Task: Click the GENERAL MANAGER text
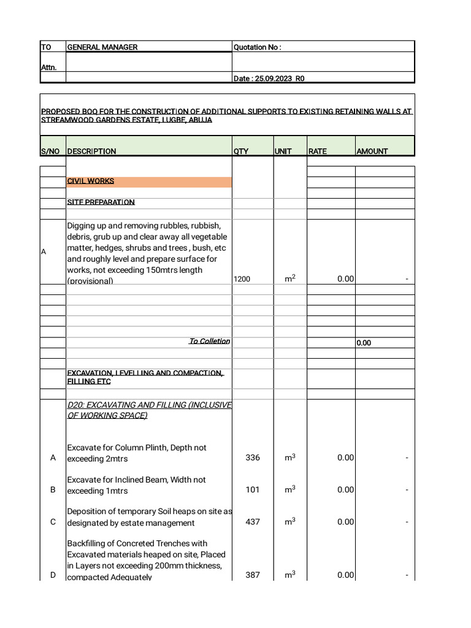pyautogui.click(x=102, y=47)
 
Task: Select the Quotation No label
pyautogui.click(x=257, y=47)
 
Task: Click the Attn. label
pyautogui.click(x=48, y=67)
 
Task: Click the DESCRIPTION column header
pyautogui.click(x=91, y=151)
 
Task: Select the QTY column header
pyautogui.click(x=241, y=151)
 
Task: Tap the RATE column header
pyautogui.click(x=317, y=151)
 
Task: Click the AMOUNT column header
pyautogui.click(x=372, y=151)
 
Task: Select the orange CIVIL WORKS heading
pyautogui.click(x=91, y=182)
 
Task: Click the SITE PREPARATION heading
pyautogui.click(x=101, y=202)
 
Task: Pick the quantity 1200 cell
pyautogui.click(x=242, y=279)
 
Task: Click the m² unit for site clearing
pyautogui.click(x=290, y=278)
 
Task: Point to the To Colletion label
pyautogui.click(x=209, y=342)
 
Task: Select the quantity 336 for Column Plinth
pyautogui.click(x=253, y=458)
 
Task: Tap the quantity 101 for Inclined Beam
pyautogui.click(x=253, y=489)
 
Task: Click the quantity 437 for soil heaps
pyautogui.click(x=253, y=522)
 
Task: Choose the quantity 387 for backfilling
pyautogui.click(x=253, y=575)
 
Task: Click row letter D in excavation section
pyautogui.click(x=53, y=575)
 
